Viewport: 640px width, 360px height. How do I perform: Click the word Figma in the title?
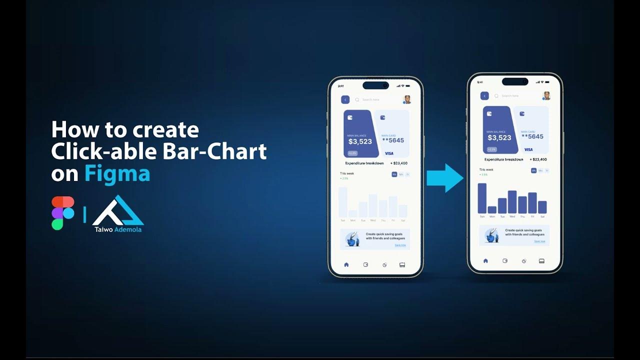pos(117,173)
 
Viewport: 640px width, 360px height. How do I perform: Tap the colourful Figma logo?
pos(62,213)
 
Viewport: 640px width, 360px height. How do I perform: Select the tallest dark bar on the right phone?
pos(482,198)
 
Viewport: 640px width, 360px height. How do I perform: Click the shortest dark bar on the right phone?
pos(492,209)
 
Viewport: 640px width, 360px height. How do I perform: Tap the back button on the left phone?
pos(345,99)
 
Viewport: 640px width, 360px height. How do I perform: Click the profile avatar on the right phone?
pos(546,95)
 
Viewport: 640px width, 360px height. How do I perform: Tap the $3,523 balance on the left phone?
pos(360,141)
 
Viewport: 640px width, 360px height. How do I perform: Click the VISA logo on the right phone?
pos(528,149)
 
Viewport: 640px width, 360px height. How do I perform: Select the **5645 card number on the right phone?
pos(532,136)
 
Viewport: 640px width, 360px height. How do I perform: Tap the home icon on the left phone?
pos(346,264)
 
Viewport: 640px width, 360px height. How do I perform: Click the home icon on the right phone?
pos(485,261)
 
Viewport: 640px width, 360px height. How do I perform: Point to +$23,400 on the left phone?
pos(399,163)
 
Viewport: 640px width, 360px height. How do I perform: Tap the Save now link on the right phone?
pos(539,241)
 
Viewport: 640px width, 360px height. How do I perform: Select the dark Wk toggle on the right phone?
pos(533,170)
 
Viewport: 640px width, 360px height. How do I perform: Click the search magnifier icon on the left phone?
pos(357,100)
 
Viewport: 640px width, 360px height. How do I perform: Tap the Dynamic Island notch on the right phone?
pos(515,81)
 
